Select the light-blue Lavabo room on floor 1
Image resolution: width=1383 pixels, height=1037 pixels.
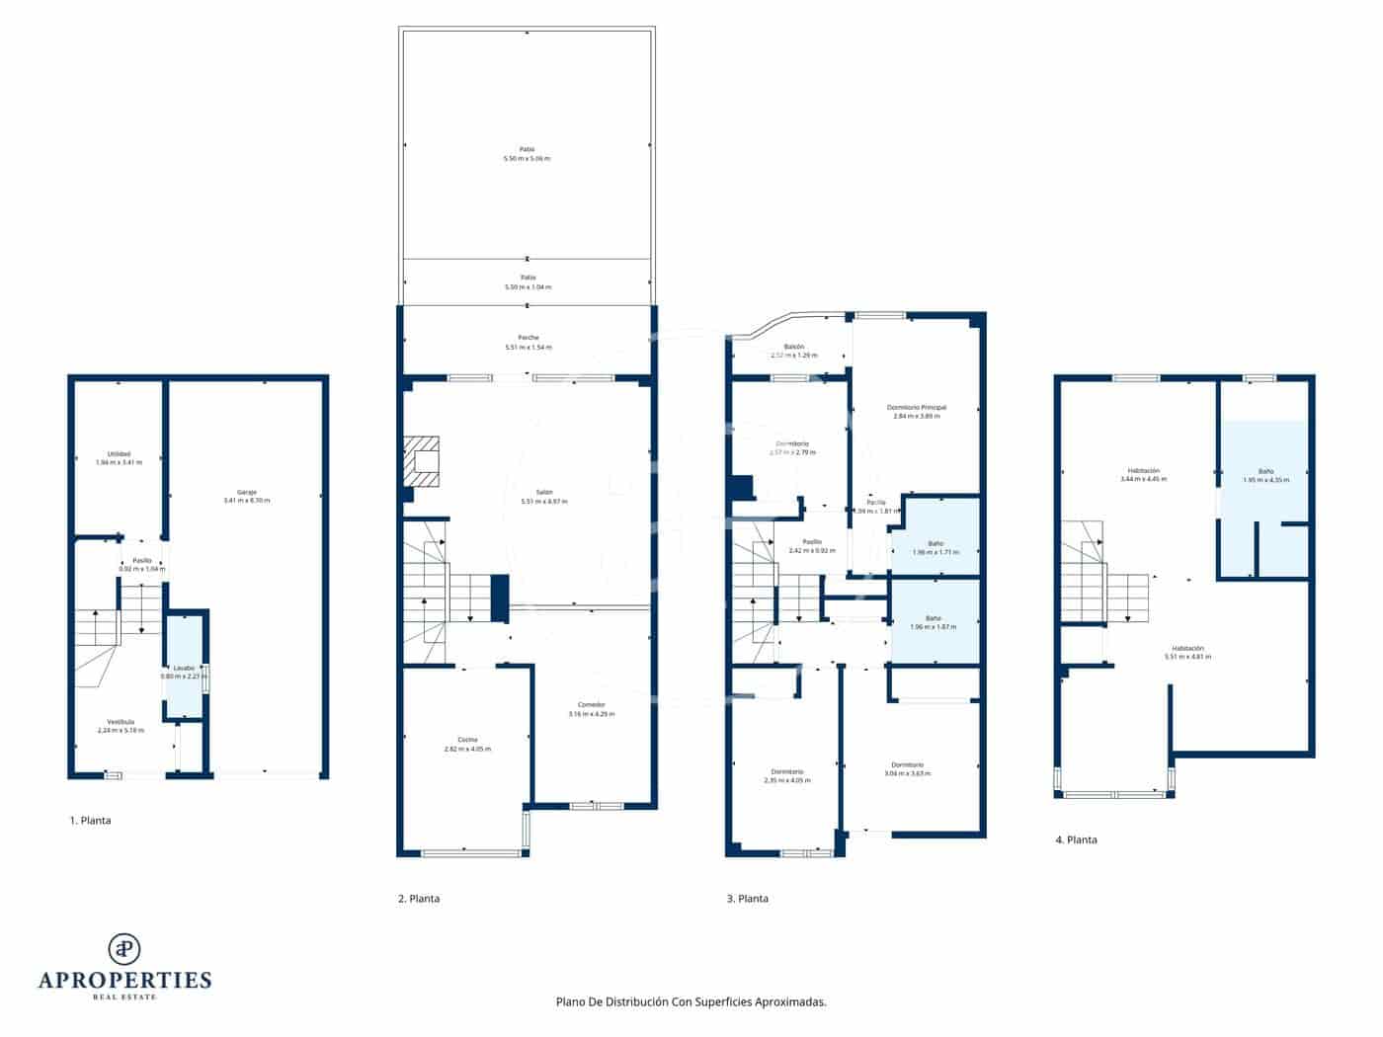(x=184, y=667)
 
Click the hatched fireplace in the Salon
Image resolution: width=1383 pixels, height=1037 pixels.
(x=425, y=463)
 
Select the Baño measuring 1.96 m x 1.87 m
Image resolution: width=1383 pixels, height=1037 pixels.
(x=934, y=622)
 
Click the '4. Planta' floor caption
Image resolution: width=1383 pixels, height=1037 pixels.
(x=1076, y=839)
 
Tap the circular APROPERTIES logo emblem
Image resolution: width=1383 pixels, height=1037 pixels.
(x=124, y=948)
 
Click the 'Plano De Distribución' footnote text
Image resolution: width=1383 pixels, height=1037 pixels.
(x=691, y=1001)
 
